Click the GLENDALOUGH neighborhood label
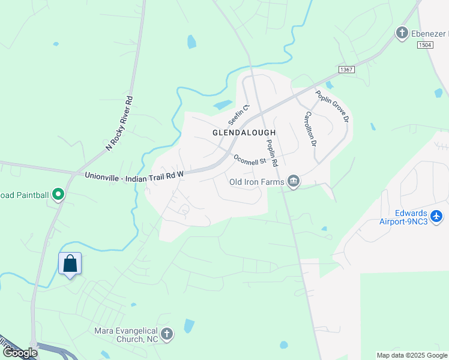[x=244, y=133]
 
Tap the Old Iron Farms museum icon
[x=294, y=181]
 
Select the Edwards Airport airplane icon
[x=436, y=215]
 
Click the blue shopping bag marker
[x=70, y=263]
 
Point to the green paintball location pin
[x=58, y=194]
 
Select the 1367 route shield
[x=346, y=70]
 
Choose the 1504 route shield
[x=425, y=45]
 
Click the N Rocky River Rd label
[x=118, y=122]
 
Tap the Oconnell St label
[x=250, y=161]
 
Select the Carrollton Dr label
[x=310, y=128]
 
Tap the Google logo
[x=20, y=353]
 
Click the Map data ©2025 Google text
[x=411, y=355]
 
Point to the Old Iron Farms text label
[x=256, y=181]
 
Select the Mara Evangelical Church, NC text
[x=126, y=335]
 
